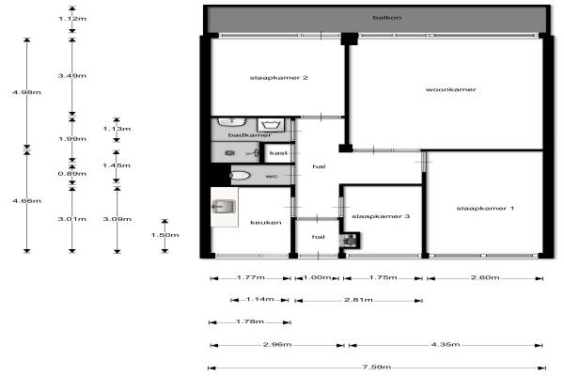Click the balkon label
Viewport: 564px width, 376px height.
pyautogui.click(x=386, y=17)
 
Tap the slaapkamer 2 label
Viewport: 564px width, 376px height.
pyautogui.click(x=279, y=77)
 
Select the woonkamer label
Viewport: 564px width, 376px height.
pyautogui.click(x=450, y=89)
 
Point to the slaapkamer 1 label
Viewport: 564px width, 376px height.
pyautogui.click(x=485, y=208)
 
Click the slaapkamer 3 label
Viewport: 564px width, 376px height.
pyautogui.click(x=381, y=216)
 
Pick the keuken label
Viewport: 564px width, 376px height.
pyautogui.click(x=266, y=223)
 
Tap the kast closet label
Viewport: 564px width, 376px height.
pyautogui.click(x=279, y=153)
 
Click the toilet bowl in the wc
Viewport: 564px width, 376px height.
pyautogui.click(x=240, y=175)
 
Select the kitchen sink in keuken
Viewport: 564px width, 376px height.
pyautogui.click(x=224, y=207)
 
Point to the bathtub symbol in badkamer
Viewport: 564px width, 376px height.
pyautogui.click(x=271, y=125)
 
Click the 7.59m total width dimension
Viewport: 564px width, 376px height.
pyautogui.click(x=377, y=367)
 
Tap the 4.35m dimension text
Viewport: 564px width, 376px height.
pyautogui.click(x=446, y=344)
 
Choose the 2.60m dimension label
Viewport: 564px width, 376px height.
pyautogui.click(x=485, y=277)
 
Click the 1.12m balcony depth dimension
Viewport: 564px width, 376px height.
pyautogui.click(x=72, y=19)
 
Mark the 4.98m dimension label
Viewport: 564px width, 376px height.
pyautogui.click(x=26, y=92)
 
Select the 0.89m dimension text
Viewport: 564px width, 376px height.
pyautogui.click(x=72, y=173)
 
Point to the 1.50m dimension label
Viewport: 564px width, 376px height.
pyautogui.click(x=164, y=235)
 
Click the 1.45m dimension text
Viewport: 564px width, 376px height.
pyautogui.click(x=117, y=165)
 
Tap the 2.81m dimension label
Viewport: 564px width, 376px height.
pyautogui.click(x=358, y=300)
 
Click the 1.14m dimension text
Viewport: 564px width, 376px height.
pyautogui.click(x=259, y=299)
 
